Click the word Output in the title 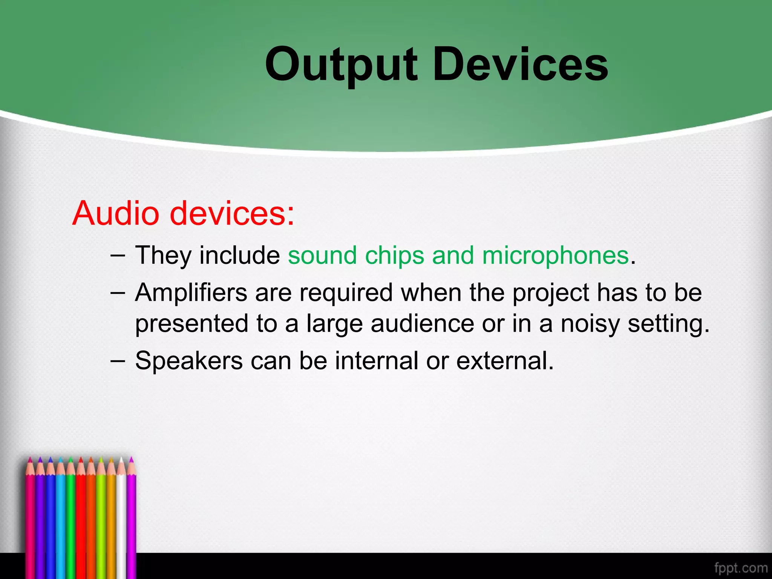point(341,65)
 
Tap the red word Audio point(115,213)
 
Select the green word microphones point(556,256)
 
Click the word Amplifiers point(191,293)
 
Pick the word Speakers point(189,361)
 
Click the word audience point(422,323)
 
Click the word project point(551,293)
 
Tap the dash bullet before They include point(118,255)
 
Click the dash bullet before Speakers point(118,360)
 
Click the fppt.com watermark point(740,567)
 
